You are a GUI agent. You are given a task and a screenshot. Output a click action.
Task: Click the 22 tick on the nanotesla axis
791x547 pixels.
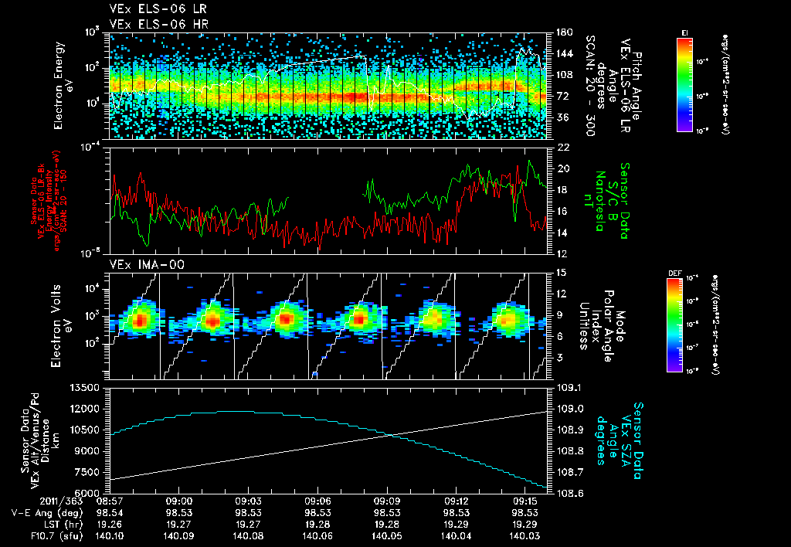[x=560, y=147]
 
